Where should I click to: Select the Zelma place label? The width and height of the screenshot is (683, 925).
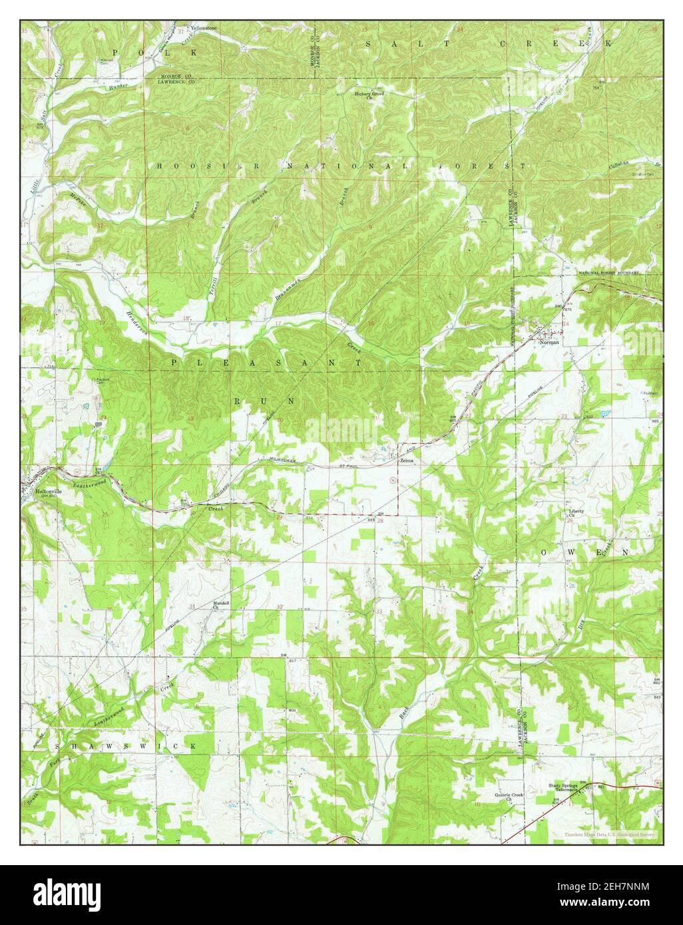coord(406,461)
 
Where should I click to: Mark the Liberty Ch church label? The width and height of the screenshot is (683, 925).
coord(576,514)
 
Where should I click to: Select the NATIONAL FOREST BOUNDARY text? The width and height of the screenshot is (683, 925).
coord(608,273)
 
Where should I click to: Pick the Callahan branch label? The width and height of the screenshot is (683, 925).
coord(628,166)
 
